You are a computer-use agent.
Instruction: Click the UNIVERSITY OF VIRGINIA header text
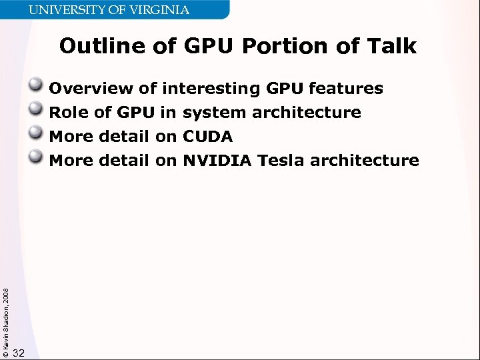point(109,10)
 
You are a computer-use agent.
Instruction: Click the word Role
point(69,113)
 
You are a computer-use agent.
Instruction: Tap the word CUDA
point(207,137)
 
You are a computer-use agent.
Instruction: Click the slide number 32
point(19,353)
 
